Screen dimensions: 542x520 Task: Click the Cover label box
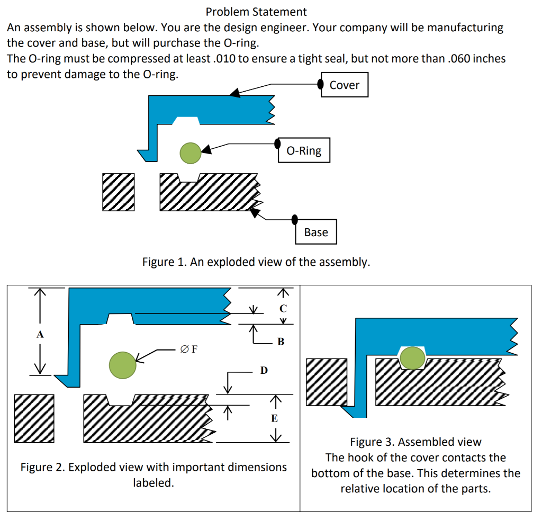pyautogui.click(x=344, y=85)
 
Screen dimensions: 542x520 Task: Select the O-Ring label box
pyautogui.click(x=304, y=150)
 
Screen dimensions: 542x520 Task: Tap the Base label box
pyautogui.click(x=316, y=231)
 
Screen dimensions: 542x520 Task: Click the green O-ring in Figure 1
pyautogui.click(x=191, y=153)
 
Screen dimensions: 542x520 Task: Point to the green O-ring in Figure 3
pyautogui.click(x=412, y=358)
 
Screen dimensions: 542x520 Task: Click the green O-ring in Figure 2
pyautogui.click(x=122, y=365)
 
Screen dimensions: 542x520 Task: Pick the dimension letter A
pyautogui.click(x=40, y=334)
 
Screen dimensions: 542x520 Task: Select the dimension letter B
pyautogui.click(x=281, y=342)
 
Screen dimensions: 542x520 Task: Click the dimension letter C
pyautogui.click(x=283, y=308)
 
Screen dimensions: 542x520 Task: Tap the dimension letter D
pyautogui.click(x=264, y=370)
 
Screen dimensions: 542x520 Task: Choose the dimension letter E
pyautogui.click(x=275, y=418)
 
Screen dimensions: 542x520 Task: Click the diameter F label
pyautogui.click(x=189, y=349)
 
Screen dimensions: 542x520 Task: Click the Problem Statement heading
pyautogui.click(x=256, y=12)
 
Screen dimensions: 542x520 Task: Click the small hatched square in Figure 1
pyautogui.click(x=119, y=192)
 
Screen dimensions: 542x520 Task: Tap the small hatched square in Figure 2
pyautogui.click(x=34, y=418)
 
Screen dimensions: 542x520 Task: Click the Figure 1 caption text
pyautogui.click(x=256, y=262)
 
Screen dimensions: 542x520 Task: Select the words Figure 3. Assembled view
pyautogui.click(x=415, y=442)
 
